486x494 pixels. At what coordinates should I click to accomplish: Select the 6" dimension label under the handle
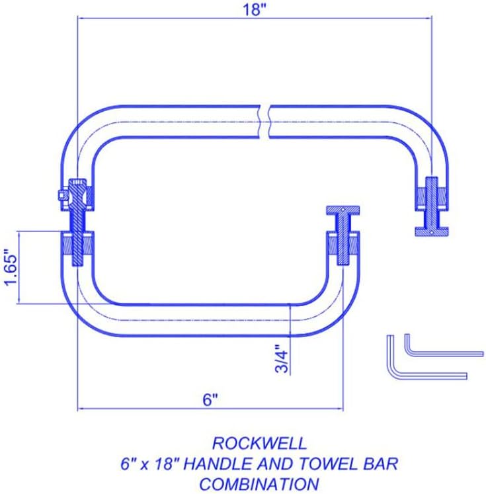coord(210,400)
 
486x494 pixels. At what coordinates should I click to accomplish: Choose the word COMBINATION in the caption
coord(259,483)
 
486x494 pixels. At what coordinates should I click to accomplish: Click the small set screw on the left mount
coord(61,196)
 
